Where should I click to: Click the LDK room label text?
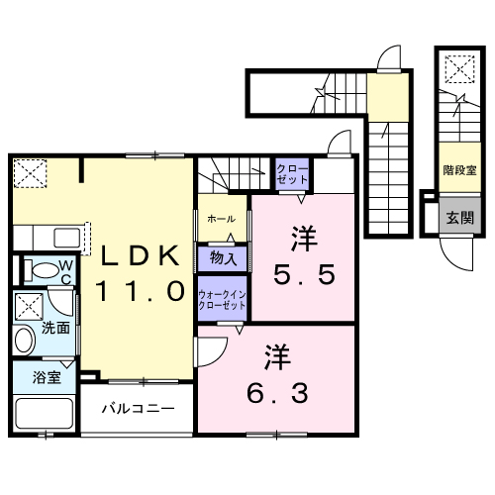click(x=139, y=256)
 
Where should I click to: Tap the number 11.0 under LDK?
click(x=139, y=291)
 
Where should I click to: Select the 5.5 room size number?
click(x=304, y=271)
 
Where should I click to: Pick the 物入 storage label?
click(x=223, y=259)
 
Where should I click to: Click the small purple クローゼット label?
click(x=292, y=173)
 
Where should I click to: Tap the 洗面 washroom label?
click(x=56, y=327)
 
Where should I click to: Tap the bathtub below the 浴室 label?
click(x=45, y=411)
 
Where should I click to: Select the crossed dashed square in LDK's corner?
click(x=30, y=174)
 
